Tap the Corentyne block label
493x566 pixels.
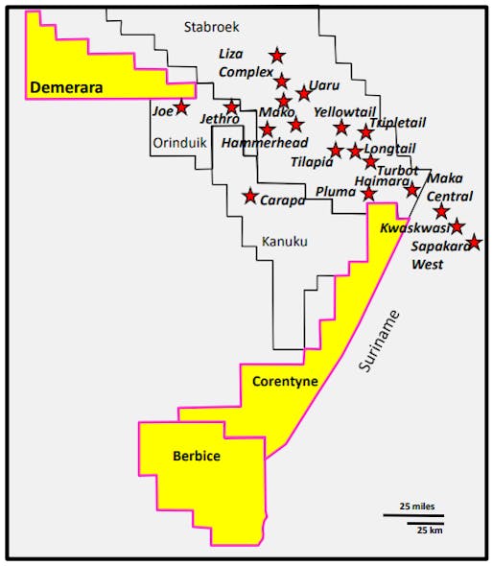point(285,382)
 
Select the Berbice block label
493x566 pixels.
point(197,457)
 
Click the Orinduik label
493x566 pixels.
point(179,143)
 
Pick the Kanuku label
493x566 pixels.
point(284,242)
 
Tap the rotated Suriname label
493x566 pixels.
point(380,342)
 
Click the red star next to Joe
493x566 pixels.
point(181,107)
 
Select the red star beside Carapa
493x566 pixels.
point(250,196)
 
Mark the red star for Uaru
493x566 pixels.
point(304,93)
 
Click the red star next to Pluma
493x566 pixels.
point(369,194)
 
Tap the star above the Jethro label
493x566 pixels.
point(231,107)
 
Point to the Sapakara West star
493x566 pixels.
point(473,243)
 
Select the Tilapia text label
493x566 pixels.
point(311,162)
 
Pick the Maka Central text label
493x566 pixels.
point(445,186)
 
